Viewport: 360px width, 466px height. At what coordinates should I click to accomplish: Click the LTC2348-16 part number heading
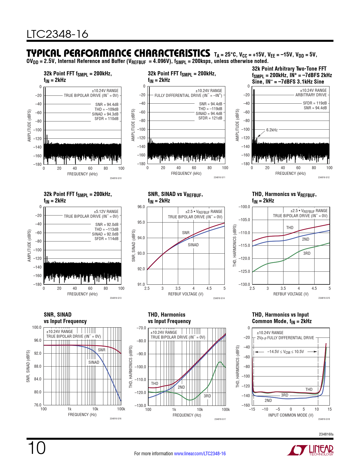[x=57, y=34]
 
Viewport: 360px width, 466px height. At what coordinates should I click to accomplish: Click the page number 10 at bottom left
[x=36, y=448]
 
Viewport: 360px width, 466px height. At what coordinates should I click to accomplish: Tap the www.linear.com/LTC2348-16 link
[x=200, y=454]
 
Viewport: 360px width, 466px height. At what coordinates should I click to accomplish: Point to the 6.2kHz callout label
[x=272, y=130]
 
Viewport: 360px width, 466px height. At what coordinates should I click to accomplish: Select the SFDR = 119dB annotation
[x=315, y=103]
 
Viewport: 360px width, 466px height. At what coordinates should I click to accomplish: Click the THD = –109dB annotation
[x=106, y=109]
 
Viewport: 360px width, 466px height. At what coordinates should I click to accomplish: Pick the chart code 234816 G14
[x=219, y=298]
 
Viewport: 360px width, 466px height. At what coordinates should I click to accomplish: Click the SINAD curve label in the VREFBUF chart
[x=193, y=245]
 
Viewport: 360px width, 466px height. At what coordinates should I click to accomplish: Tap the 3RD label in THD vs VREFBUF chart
[x=307, y=253]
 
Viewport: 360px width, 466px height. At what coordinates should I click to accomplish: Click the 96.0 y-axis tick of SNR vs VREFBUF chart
[x=141, y=207]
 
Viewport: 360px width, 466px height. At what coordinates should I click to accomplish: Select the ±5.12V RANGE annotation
[x=106, y=212]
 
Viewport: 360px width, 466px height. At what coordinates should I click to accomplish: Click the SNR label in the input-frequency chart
[x=102, y=350]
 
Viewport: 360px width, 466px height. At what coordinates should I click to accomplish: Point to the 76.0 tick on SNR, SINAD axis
[x=38, y=405]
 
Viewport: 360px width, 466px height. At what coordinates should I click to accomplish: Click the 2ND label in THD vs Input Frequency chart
[x=181, y=387]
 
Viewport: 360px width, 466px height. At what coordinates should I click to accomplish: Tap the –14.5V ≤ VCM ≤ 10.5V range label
[x=285, y=352]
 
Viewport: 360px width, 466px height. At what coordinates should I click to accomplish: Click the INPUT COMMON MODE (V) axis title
[x=291, y=415]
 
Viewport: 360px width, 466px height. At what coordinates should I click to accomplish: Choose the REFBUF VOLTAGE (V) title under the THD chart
[x=291, y=294]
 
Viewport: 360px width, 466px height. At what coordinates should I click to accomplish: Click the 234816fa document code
[x=326, y=434]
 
